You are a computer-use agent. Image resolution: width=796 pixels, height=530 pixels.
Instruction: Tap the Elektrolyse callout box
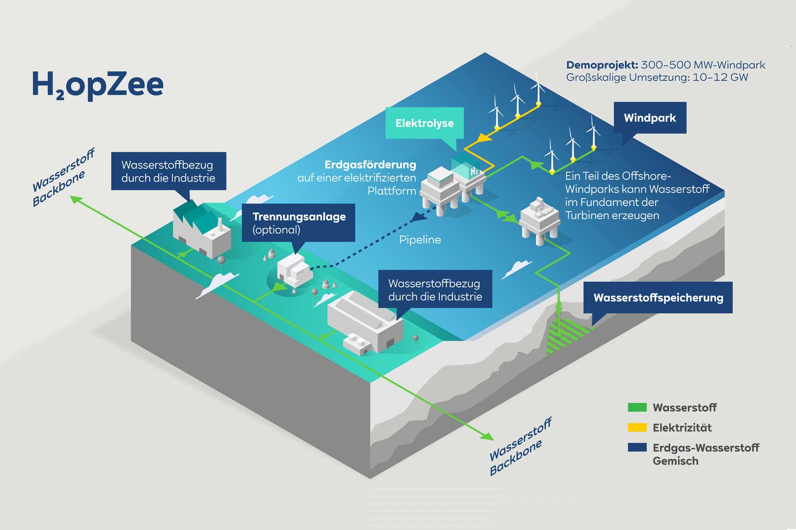coord(424,123)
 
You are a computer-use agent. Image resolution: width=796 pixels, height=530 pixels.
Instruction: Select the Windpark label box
coord(650,118)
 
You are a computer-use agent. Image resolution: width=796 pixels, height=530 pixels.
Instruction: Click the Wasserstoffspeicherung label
coord(658,298)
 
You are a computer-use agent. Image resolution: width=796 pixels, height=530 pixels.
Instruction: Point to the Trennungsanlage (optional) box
coord(298,223)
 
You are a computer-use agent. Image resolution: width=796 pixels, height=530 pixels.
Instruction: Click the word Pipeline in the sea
coord(420,240)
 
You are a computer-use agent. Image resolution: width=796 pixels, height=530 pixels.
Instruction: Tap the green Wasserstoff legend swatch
coord(637,408)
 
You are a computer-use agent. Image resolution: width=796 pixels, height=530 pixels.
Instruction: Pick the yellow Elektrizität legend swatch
coord(637,428)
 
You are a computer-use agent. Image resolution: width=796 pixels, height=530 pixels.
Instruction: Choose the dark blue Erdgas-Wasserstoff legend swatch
coord(637,447)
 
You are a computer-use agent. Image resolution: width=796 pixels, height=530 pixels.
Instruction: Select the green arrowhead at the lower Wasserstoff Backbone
coord(487,436)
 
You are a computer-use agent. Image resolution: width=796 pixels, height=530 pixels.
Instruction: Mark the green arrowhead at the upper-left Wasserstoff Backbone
coord(76,199)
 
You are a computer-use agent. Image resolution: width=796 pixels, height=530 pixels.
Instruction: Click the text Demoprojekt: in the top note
coord(602,65)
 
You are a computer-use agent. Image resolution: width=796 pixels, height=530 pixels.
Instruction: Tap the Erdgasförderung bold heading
coord(370,165)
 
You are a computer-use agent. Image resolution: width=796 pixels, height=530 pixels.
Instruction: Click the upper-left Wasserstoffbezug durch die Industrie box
coord(168,171)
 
